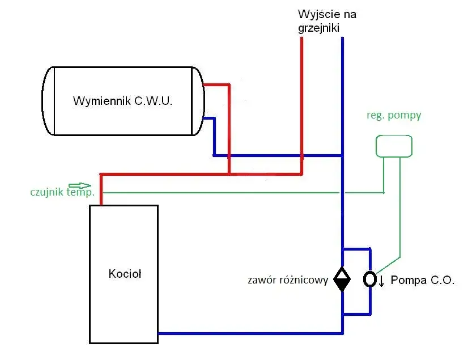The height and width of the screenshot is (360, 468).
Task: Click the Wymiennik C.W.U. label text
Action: (x=123, y=101)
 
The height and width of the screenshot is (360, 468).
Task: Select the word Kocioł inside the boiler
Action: (x=125, y=274)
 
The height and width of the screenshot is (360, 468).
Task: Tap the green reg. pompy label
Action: (x=394, y=116)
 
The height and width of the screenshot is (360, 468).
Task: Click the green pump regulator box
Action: (x=394, y=146)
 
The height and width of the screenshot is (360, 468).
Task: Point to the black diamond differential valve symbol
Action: (x=342, y=279)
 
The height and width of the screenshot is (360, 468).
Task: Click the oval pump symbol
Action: (x=369, y=279)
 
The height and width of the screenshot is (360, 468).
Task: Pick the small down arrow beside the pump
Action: (x=381, y=281)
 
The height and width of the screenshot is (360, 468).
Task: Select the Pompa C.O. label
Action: (x=423, y=280)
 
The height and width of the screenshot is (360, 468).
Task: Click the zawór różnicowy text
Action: (x=288, y=280)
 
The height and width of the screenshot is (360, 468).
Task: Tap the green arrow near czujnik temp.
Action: (x=79, y=185)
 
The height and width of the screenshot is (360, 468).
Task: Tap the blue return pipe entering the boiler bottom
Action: (x=249, y=333)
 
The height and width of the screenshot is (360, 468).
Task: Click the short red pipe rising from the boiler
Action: (x=101, y=187)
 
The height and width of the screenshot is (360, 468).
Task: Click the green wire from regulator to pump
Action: (x=401, y=215)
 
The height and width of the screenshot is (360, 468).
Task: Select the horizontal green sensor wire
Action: (x=227, y=193)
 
